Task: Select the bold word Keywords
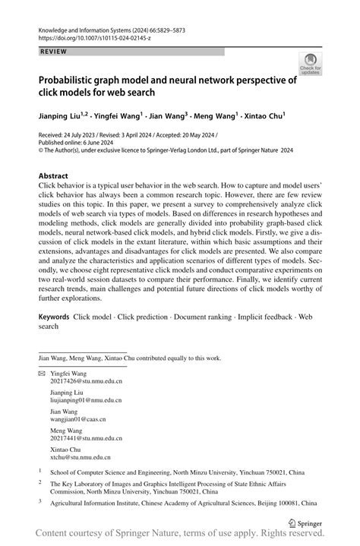(55, 315)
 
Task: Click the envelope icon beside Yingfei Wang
(41, 374)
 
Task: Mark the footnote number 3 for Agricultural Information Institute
(40, 502)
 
